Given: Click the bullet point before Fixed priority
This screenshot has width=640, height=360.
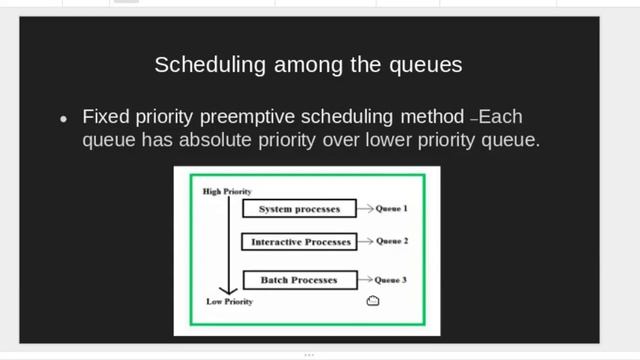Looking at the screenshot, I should [x=64, y=118].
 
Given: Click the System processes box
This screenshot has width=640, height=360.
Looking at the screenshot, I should [x=299, y=209].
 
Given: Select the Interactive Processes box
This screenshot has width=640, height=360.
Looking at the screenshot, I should [x=300, y=242].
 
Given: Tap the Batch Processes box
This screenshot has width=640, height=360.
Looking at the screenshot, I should [x=299, y=280].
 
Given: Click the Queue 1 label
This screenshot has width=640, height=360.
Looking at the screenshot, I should [x=392, y=209].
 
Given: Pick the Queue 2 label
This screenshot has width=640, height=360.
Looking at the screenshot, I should [x=392, y=242].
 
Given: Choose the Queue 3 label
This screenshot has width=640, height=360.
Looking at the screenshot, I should [x=392, y=280].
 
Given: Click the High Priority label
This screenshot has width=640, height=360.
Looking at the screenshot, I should [x=227, y=190].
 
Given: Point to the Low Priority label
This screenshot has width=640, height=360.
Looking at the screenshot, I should [x=228, y=301].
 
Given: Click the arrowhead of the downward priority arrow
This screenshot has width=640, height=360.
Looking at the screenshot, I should [x=227, y=289].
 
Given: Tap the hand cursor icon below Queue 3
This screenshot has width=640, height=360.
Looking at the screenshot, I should [x=373, y=300].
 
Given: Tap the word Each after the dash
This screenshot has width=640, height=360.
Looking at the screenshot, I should [x=501, y=115].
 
